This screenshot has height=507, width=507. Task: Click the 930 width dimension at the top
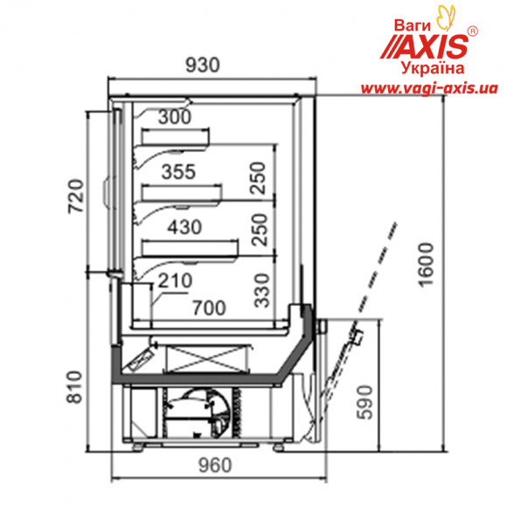point(203,65)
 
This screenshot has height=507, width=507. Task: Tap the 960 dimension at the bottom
point(215,466)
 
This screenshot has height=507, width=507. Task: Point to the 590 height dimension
point(366,403)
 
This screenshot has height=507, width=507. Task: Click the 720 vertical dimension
point(76,196)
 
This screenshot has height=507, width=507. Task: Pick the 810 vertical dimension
point(74,387)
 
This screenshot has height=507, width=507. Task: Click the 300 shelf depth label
point(175,117)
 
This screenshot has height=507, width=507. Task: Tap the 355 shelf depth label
point(179,171)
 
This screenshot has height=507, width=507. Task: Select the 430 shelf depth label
point(184,227)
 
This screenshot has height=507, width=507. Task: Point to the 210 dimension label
point(175,281)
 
